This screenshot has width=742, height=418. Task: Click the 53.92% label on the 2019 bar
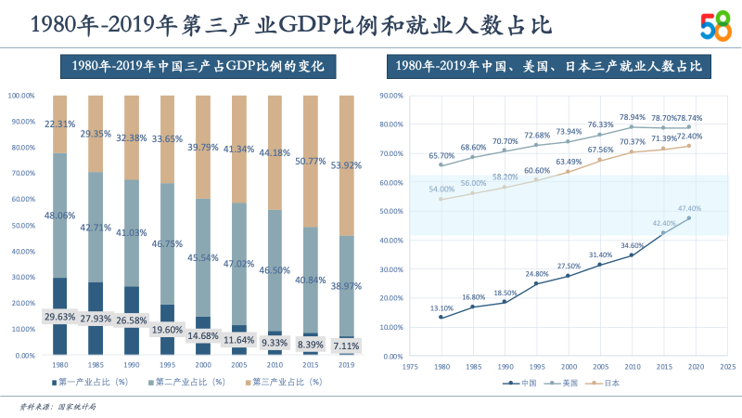click(346, 166)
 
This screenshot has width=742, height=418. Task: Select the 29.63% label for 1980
click(60, 317)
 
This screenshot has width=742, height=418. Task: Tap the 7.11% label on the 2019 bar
click(346, 346)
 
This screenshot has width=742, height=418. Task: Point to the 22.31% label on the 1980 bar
click(60, 124)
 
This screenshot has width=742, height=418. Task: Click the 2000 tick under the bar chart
click(203, 364)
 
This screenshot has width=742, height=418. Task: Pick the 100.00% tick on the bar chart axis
click(21, 96)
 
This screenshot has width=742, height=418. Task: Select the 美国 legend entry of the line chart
click(564, 382)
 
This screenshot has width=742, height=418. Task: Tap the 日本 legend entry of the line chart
click(605, 382)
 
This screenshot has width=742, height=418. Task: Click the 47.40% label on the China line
click(689, 209)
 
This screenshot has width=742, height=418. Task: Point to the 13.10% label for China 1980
click(441, 308)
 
